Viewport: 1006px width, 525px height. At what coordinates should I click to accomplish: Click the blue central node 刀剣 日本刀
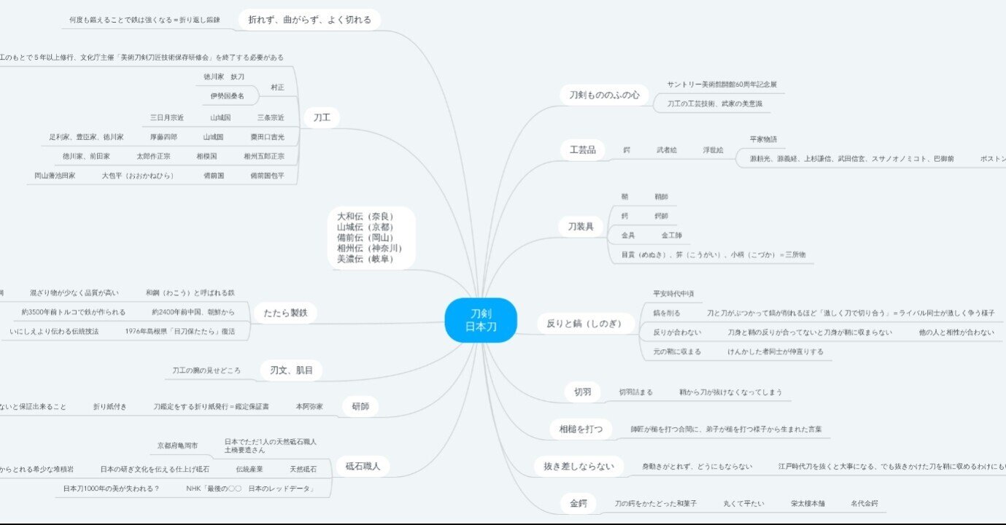(x=481, y=320)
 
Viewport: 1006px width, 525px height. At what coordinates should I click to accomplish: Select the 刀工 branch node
(x=322, y=118)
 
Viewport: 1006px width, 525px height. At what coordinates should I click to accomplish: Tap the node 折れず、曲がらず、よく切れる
(x=309, y=20)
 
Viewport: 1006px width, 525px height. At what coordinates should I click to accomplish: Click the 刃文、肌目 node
(x=291, y=370)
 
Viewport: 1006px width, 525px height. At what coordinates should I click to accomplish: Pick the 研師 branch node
(x=360, y=406)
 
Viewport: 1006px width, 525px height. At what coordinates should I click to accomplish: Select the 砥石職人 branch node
(x=363, y=466)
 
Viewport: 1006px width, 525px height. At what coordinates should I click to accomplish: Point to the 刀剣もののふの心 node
(x=604, y=95)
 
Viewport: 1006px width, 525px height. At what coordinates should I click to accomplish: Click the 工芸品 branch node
(x=583, y=150)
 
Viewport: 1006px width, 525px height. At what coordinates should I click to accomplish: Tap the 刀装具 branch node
(x=581, y=227)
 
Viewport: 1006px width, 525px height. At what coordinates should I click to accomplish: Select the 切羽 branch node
(x=582, y=392)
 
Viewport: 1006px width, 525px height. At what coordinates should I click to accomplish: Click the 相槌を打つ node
(x=581, y=429)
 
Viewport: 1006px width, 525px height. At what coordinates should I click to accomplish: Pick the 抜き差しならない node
(x=579, y=466)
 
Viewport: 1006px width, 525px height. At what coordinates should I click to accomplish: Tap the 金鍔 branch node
(x=579, y=503)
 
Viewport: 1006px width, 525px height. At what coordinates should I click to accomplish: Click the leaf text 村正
(x=277, y=87)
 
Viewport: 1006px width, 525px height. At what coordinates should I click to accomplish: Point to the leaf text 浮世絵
(x=713, y=150)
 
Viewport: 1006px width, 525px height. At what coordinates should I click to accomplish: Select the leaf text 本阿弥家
(x=309, y=406)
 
